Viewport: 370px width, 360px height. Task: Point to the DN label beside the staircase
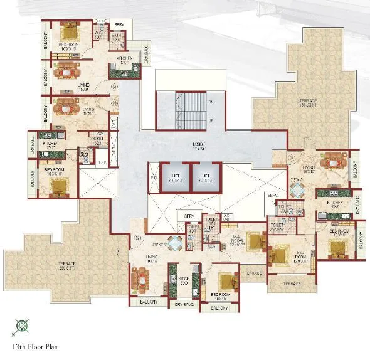click(x=211, y=101)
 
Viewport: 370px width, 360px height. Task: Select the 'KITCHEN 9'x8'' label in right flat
click(x=334, y=205)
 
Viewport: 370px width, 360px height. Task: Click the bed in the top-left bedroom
click(x=68, y=29)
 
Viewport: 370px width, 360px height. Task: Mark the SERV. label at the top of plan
click(x=119, y=24)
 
